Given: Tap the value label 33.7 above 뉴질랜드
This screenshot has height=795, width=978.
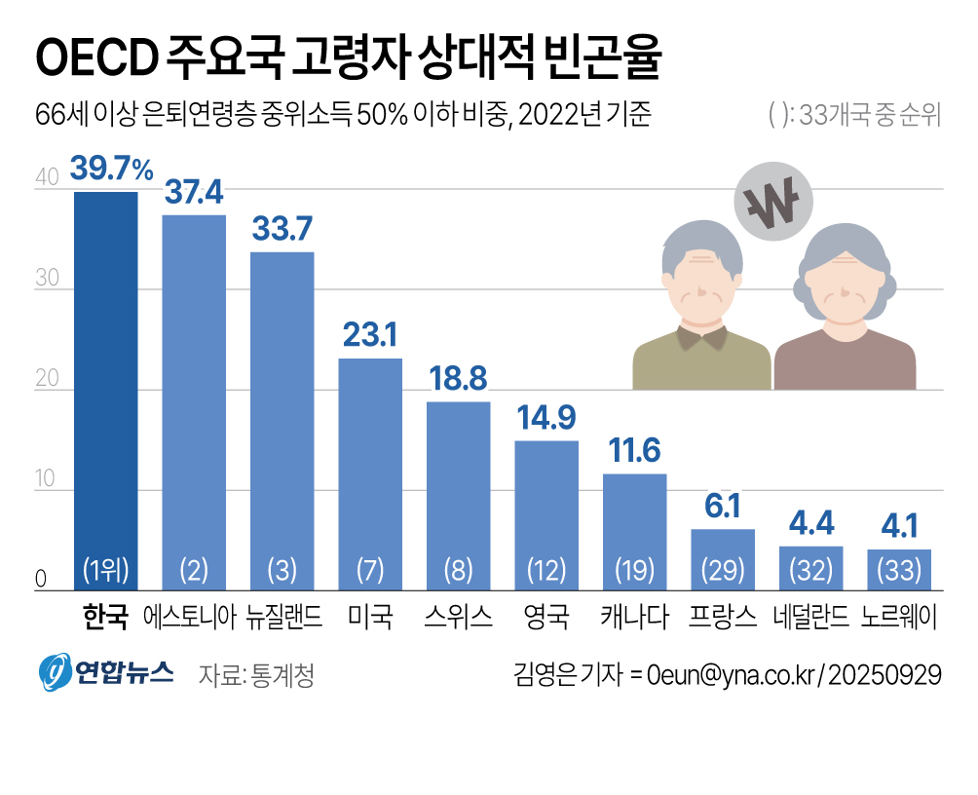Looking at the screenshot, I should [282, 229].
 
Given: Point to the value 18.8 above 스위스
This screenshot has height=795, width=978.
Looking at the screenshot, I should [458, 379].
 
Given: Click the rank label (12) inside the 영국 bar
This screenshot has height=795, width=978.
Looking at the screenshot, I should [545, 570].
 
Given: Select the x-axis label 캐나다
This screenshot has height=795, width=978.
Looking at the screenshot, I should [634, 617].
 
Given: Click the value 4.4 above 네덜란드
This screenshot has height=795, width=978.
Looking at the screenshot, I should [810, 523].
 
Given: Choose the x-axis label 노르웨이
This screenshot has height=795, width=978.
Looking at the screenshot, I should [899, 617].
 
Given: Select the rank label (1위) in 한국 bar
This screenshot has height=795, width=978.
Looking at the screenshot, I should [106, 570].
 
